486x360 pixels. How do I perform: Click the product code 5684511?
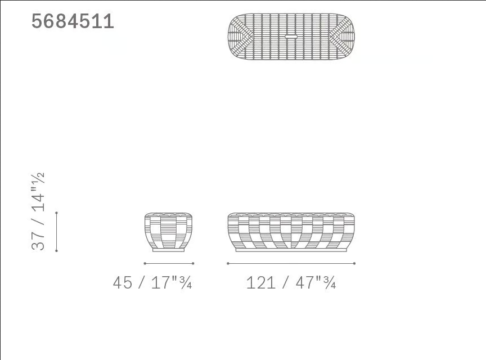click(73, 21)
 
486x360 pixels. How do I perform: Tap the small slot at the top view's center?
click(291, 37)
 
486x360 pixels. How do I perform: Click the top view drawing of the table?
click(291, 37)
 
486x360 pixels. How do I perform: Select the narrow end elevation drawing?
click(169, 232)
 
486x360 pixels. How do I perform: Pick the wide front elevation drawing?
click(291, 232)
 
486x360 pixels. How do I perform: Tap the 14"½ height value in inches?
click(38, 192)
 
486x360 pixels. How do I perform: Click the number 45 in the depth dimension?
click(123, 282)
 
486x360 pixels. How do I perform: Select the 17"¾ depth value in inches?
click(172, 282)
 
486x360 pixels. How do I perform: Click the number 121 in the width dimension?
click(260, 283)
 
